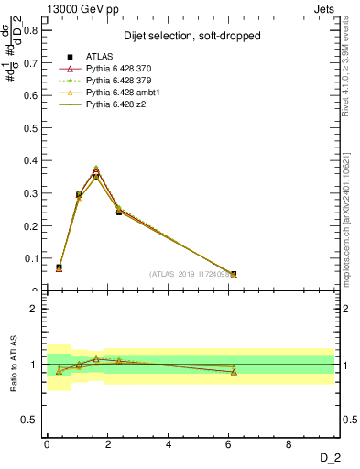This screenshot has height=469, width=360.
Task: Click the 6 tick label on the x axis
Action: [x=229, y=443]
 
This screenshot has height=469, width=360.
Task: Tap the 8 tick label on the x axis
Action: [x=289, y=443]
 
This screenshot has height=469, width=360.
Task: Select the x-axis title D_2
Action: [x=332, y=457]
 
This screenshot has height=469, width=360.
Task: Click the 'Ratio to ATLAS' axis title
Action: [x=12, y=365]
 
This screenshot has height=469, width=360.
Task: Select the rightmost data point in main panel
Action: [x=234, y=274]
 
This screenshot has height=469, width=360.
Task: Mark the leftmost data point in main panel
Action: [x=60, y=267]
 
